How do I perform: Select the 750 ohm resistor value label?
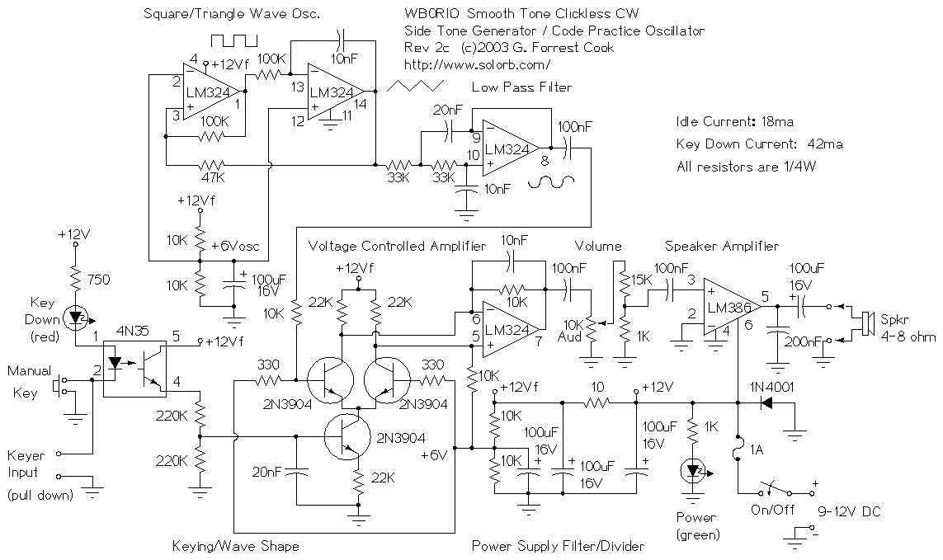pyautogui.click(x=99, y=279)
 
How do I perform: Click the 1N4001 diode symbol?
pyautogui.click(x=767, y=402)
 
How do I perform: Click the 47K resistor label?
pyautogui.click(x=213, y=178)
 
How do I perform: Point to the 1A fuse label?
pyautogui.click(x=757, y=449)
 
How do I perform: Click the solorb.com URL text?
pyautogui.click(x=478, y=64)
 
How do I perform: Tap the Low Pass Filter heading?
pyautogui.click(x=521, y=87)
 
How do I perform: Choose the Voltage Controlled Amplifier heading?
pyautogui.click(x=396, y=246)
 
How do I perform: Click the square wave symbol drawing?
pyautogui.click(x=233, y=40)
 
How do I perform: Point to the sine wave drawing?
pyautogui.click(x=551, y=181)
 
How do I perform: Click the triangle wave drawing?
pyautogui.click(x=416, y=86)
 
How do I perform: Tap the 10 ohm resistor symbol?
pyautogui.click(x=597, y=402)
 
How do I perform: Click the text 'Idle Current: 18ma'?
pyautogui.click(x=735, y=121)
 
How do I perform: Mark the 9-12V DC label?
pyautogui.click(x=849, y=512)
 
